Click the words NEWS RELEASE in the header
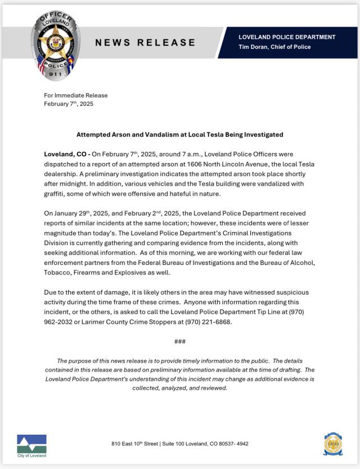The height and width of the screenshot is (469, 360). (x=145, y=42)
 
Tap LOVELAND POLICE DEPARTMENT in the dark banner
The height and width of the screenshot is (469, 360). (x=287, y=37)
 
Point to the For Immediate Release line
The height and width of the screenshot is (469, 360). (x=75, y=96)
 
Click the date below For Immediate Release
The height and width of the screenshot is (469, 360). (x=69, y=104)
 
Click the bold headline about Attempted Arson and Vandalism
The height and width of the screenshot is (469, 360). (x=179, y=135)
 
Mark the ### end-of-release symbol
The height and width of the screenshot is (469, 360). (x=180, y=341)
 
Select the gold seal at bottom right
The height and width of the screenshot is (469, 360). (x=332, y=444)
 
